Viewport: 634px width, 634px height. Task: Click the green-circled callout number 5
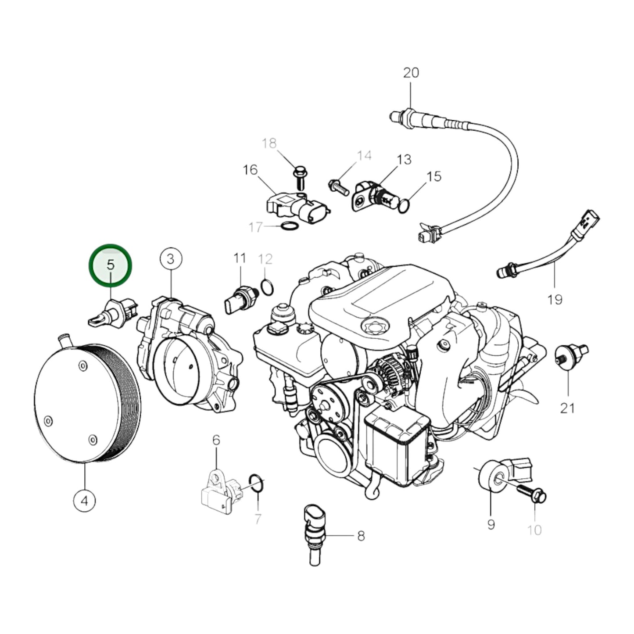(x=110, y=265)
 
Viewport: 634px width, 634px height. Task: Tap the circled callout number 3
(x=170, y=259)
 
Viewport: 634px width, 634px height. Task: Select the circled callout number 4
(x=85, y=500)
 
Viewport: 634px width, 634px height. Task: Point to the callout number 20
(x=411, y=72)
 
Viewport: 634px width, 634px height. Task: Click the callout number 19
(x=555, y=300)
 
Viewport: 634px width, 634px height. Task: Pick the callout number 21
(x=567, y=408)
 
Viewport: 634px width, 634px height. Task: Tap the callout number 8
(x=361, y=536)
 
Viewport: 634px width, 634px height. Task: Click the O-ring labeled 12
(x=267, y=287)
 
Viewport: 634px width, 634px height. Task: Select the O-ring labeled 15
(x=405, y=205)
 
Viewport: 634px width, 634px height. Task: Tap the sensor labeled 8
(x=313, y=533)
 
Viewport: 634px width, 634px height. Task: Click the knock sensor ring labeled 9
(x=490, y=475)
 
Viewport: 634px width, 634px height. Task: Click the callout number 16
(x=250, y=170)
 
